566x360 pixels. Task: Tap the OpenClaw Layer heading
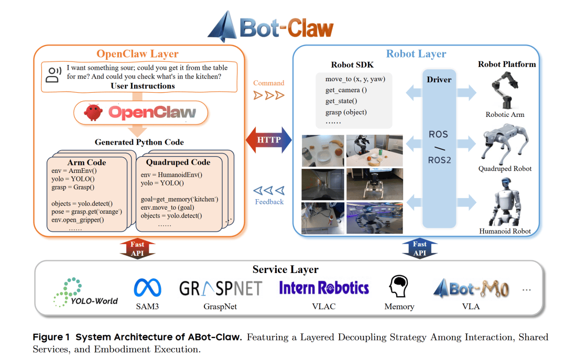point(137,54)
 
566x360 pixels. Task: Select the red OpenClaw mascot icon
point(94,112)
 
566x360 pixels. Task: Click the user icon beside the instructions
point(52,74)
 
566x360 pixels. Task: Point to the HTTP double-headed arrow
point(269,140)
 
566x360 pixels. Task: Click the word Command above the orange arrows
point(268,83)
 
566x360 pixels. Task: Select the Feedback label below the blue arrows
point(269,202)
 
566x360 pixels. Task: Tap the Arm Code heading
point(86,162)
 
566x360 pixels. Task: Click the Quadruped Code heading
point(178,162)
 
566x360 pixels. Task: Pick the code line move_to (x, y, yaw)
point(358,79)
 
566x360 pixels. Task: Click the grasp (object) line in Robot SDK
point(346,112)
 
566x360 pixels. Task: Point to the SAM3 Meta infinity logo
point(147,288)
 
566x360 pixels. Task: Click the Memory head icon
point(398,287)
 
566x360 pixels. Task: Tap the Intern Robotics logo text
point(324,288)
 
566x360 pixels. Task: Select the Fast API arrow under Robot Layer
point(419,248)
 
